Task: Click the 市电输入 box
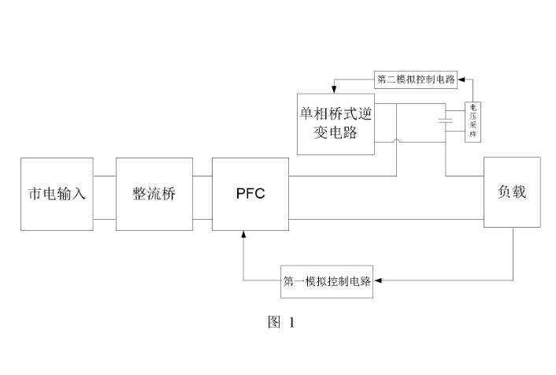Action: [x=57, y=194]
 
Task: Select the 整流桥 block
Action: [x=154, y=194]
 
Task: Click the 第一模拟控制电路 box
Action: [x=326, y=281]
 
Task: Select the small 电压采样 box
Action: [x=474, y=121]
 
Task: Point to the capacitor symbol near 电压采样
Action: [x=447, y=121]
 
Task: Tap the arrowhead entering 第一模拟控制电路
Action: [x=377, y=281]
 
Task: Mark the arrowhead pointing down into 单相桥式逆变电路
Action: [x=334, y=86]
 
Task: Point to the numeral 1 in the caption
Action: [x=291, y=322]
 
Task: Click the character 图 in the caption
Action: [x=273, y=322]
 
